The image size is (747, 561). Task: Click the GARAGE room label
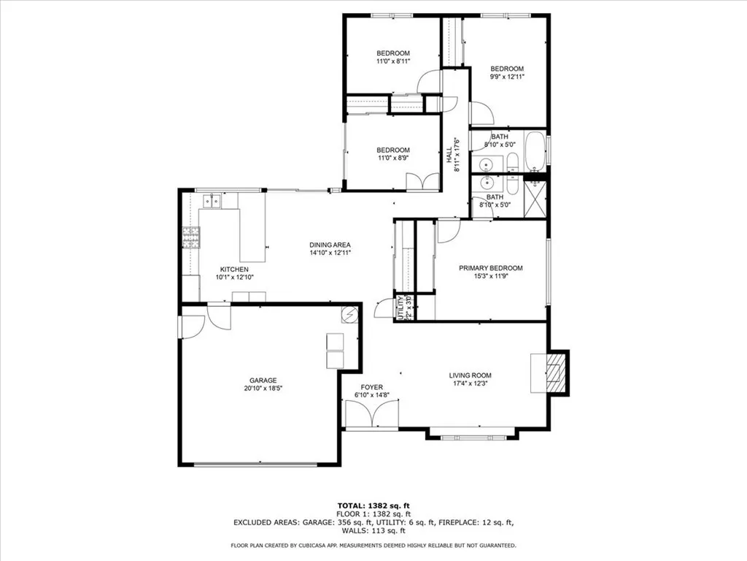click(263, 381)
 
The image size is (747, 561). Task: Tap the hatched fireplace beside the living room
click(557, 372)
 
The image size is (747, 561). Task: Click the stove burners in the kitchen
click(191, 237)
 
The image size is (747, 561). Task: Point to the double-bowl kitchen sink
click(212, 200)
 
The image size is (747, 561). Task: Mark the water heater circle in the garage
click(350, 315)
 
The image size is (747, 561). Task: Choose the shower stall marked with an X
click(538, 194)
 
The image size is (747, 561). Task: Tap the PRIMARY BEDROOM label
click(490, 268)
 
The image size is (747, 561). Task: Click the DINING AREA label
click(330, 245)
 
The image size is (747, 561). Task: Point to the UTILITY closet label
click(400, 308)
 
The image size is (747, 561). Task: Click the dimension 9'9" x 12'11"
click(506, 77)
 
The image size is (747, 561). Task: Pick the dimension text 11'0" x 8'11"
click(392, 61)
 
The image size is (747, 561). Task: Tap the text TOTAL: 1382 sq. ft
click(373, 505)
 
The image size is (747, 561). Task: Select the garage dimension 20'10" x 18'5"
click(263, 389)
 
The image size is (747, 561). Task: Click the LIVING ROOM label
click(471, 375)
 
